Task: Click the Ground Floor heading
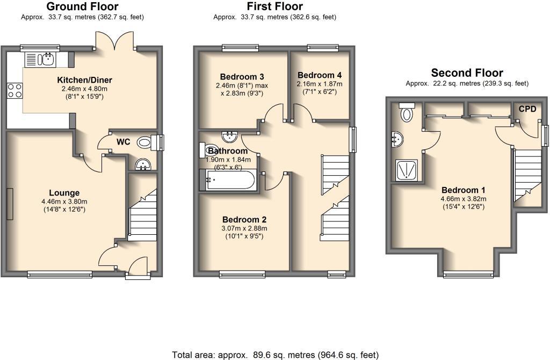(82, 6)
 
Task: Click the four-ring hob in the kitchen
(15, 90)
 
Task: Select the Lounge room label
(64, 193)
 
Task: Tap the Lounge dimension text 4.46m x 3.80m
(64, 202)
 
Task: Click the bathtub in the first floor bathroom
(230, 180)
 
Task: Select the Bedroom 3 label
(242, 77)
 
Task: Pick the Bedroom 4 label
(320, 75)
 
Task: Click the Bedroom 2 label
(244, 220)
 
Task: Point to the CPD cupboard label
(527, 109)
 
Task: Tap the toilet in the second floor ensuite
(408, 113)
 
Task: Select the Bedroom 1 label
(464, 190)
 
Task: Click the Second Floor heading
(467, 73)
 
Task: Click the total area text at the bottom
(275, 355)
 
